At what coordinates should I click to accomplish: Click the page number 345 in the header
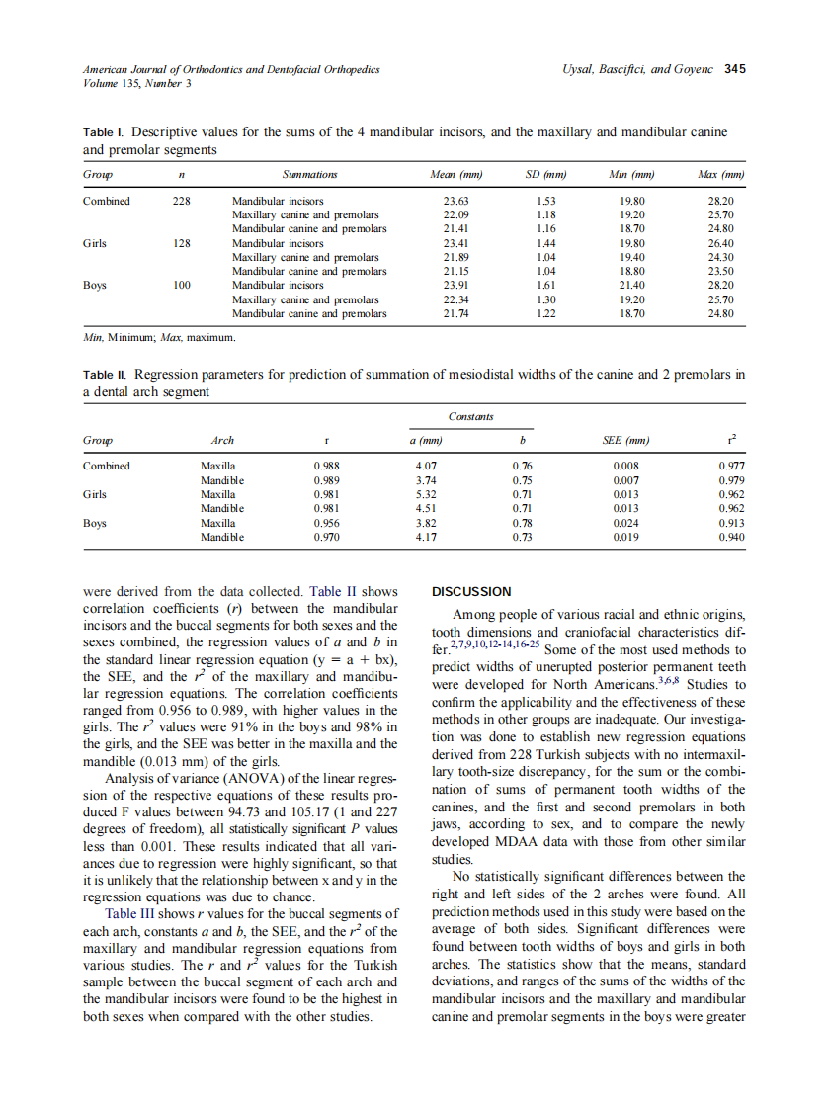click(734, 69)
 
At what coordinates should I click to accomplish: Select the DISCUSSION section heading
click(472, 592)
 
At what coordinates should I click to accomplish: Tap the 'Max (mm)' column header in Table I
click(719, 174)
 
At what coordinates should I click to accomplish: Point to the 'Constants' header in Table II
click(470, 417)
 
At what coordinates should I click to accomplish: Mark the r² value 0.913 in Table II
click(731, 523)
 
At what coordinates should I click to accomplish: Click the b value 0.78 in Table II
click(524, 523)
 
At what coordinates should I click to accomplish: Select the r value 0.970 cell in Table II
click(326, 537)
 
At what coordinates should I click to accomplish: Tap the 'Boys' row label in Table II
click(96, 523)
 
